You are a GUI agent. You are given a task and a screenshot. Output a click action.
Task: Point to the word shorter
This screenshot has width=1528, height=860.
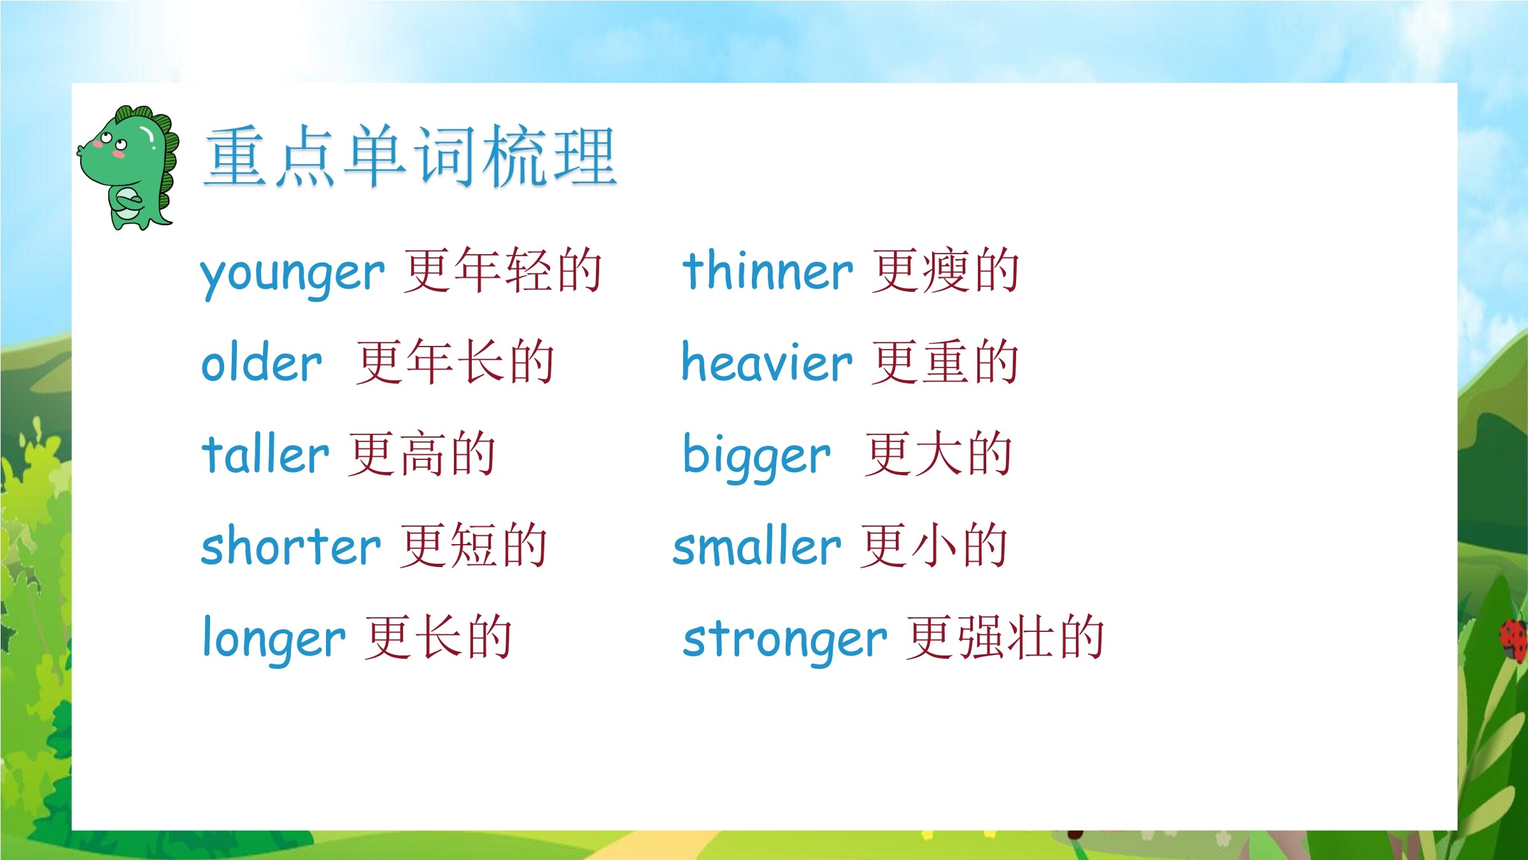(290, 545)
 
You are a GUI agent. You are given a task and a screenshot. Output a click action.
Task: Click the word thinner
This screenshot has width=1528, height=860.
(767, 270)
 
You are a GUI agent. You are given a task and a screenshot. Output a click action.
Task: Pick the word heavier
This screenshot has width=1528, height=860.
(767, 361)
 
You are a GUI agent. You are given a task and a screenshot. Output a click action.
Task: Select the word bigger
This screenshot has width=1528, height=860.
(756, 457)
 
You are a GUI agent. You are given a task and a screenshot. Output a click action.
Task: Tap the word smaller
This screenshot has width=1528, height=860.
(757, 545)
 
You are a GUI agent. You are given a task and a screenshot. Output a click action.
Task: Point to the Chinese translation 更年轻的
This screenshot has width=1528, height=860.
(502, 271)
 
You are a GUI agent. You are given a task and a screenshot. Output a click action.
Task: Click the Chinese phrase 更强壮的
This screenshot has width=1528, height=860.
(1005, 638)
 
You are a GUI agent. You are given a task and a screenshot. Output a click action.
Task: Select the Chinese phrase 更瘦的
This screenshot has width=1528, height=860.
(945, 271)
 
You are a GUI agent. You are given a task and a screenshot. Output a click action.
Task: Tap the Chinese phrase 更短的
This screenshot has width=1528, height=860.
(474, 546)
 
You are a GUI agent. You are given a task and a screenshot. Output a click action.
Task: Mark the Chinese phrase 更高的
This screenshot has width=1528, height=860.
(422, 454)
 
